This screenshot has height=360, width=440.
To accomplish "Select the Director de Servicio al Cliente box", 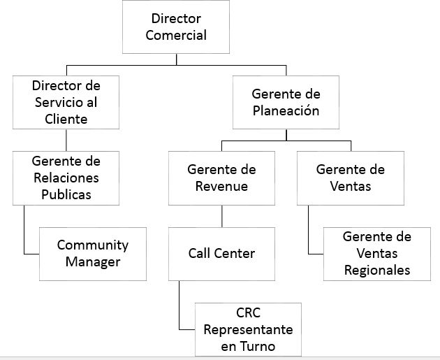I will click(66, 102).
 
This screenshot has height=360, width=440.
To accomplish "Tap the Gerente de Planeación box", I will click(286, 102).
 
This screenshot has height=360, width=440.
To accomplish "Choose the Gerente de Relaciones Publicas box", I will click(66, 178).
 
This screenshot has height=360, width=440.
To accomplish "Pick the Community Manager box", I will click(93, 254).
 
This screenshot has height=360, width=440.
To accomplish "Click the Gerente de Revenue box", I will click(221, 178).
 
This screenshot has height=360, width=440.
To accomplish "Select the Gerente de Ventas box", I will click(350, 178).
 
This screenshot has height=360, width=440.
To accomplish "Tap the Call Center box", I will click(221, 253).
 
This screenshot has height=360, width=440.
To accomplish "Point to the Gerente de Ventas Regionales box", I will click(376, 253).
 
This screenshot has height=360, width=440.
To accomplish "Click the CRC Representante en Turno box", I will click(248, 329).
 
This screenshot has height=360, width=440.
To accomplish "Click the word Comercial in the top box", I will click(176, 36).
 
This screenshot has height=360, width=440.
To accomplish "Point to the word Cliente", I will click(66, 119).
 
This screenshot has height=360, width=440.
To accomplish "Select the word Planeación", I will click(286, 110).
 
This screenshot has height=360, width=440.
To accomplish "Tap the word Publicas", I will click(66, 194).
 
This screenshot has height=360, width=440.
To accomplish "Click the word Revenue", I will click(221, 186).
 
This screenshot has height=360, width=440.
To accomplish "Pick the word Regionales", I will click(376, 270).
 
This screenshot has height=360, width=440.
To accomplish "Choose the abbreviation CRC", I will click(248, 312).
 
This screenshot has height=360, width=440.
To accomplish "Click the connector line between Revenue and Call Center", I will click(221, 215).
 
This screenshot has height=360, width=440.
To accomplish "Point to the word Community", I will click(93, 245).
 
